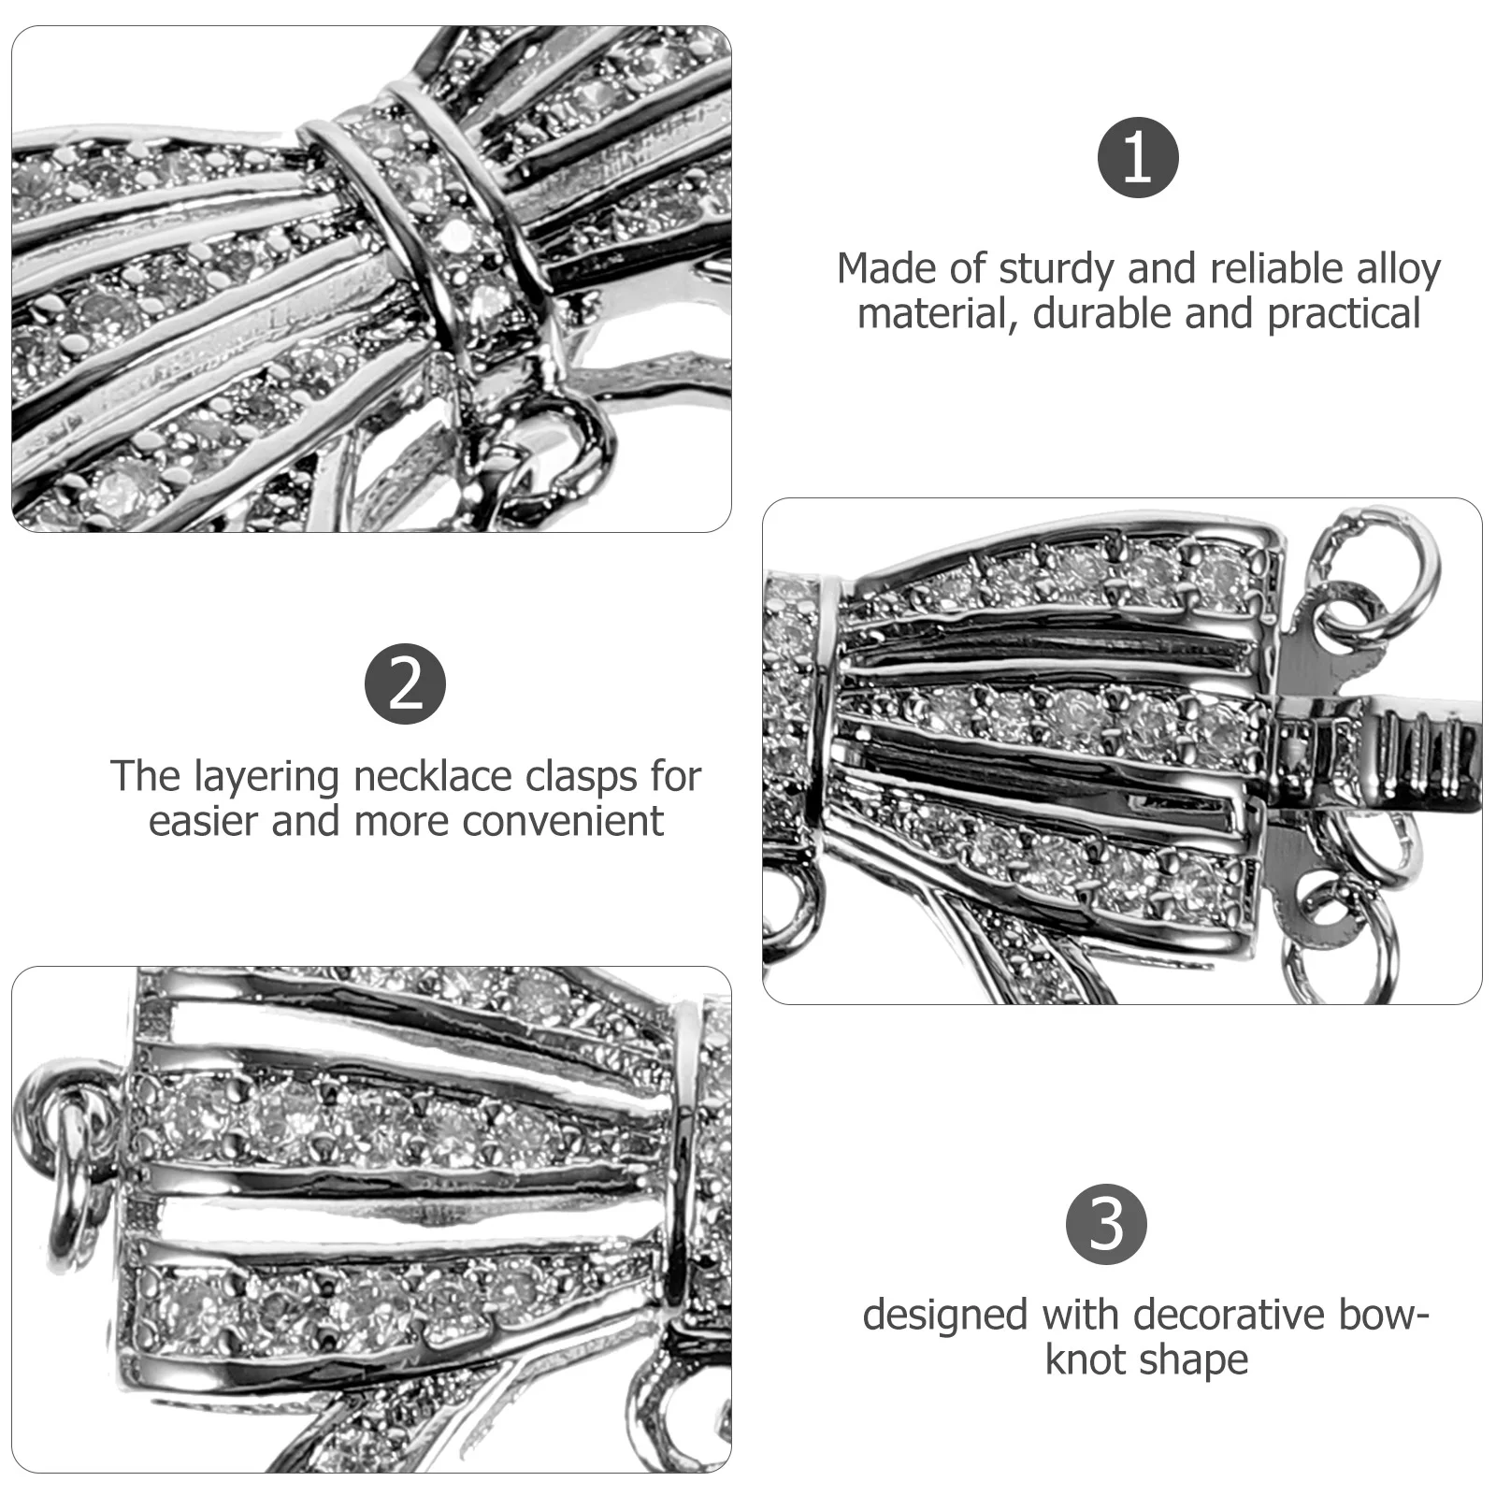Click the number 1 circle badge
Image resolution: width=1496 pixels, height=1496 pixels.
point(1137,157)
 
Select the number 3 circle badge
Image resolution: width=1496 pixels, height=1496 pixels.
point(1107,1223)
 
